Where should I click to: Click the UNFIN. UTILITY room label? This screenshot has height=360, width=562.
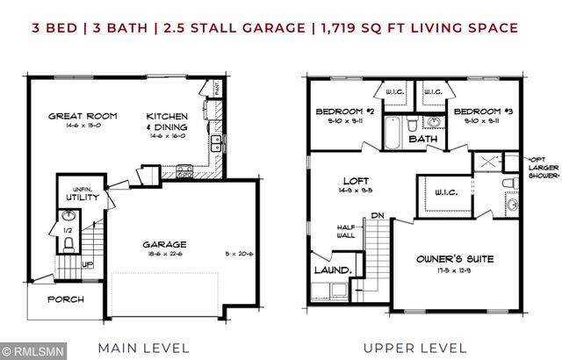[x=76, y=193]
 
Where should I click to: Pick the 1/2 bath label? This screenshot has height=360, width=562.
[x=68, y=231]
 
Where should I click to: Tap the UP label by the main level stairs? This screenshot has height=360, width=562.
[x=87, y=263]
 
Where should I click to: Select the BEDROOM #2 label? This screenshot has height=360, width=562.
[x=345, y=112]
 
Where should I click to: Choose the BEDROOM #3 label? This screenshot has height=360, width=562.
[x=482, y=112]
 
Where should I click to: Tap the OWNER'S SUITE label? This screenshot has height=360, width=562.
[x=456, y=259]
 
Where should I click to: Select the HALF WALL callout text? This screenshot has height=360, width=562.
[x=346, y=231]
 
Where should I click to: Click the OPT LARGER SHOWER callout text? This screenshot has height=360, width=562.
[x=543, y=166]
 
